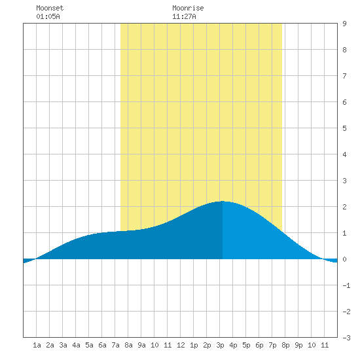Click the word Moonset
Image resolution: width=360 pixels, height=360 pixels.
(50, 8)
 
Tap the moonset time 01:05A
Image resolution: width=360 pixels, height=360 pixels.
(48, 16)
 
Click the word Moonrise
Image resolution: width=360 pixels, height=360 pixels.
(188, 8)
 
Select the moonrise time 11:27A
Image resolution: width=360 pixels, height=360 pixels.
(184, 16)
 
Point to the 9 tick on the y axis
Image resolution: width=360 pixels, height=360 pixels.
(344, 24)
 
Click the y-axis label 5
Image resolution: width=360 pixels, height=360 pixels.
(344, 128)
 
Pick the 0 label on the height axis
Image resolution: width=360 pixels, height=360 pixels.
(344, 259)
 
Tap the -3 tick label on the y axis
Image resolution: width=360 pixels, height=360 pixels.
(346, 338)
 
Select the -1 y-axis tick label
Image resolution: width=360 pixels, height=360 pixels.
(346, 285)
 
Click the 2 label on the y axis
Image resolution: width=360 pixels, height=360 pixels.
(344, 207)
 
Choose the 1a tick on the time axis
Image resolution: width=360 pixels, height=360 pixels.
(37, 345)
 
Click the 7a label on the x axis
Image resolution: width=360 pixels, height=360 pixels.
(115, 345)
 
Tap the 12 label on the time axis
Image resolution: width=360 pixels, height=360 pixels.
(181, 345)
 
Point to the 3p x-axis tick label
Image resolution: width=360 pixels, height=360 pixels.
(220, 345)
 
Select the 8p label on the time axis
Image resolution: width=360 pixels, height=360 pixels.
(285, 345)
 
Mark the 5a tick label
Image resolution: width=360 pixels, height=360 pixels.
(89, 345)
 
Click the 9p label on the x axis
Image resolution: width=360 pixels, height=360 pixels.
(298, 345)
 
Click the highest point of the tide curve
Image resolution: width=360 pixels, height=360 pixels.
(223, 202)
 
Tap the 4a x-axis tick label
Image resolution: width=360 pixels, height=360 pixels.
(76, 345)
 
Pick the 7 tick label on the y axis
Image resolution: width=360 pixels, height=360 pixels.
(344, 76)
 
